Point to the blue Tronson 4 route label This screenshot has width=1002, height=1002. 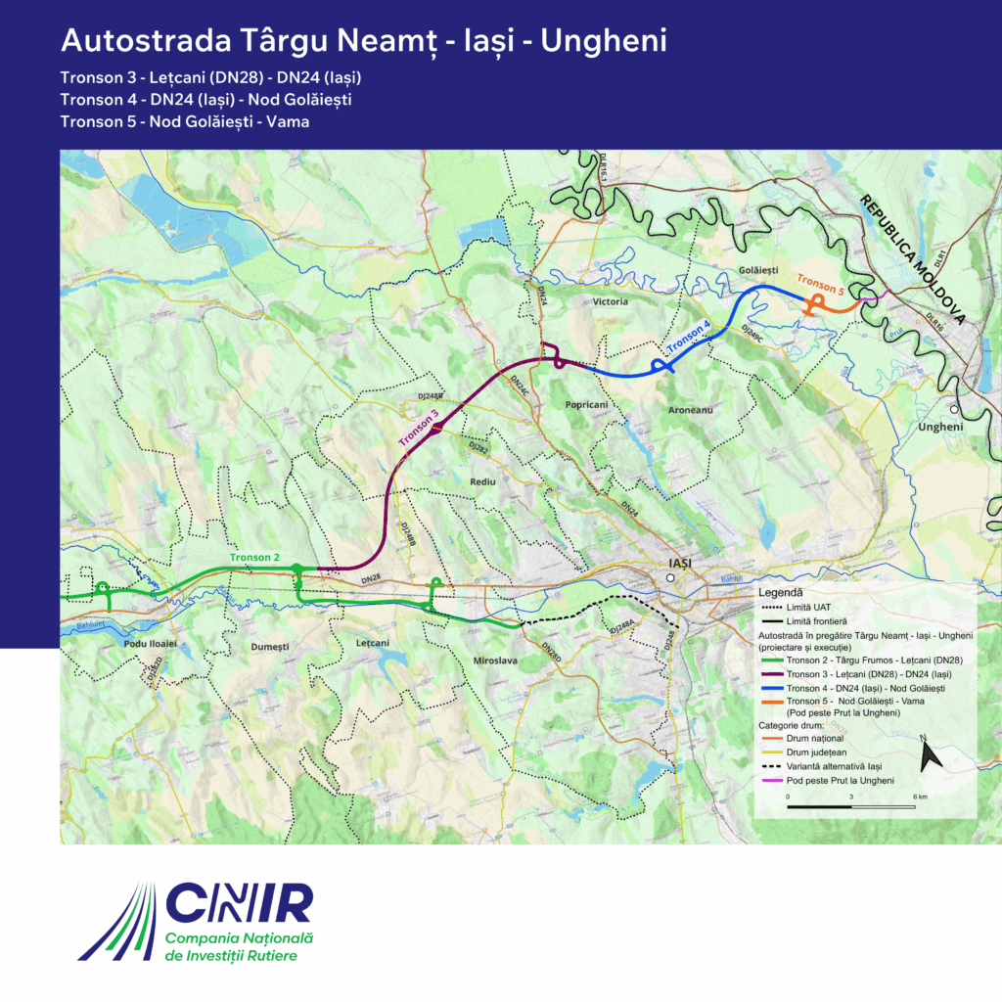688,336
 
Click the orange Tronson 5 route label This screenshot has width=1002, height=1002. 819,282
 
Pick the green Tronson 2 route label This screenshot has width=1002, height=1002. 255,557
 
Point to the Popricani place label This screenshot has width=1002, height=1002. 587,403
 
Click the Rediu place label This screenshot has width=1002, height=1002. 483,483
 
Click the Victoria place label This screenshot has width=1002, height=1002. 610,302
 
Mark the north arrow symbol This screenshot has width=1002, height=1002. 931,754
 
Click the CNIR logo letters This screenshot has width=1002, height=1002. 240,902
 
